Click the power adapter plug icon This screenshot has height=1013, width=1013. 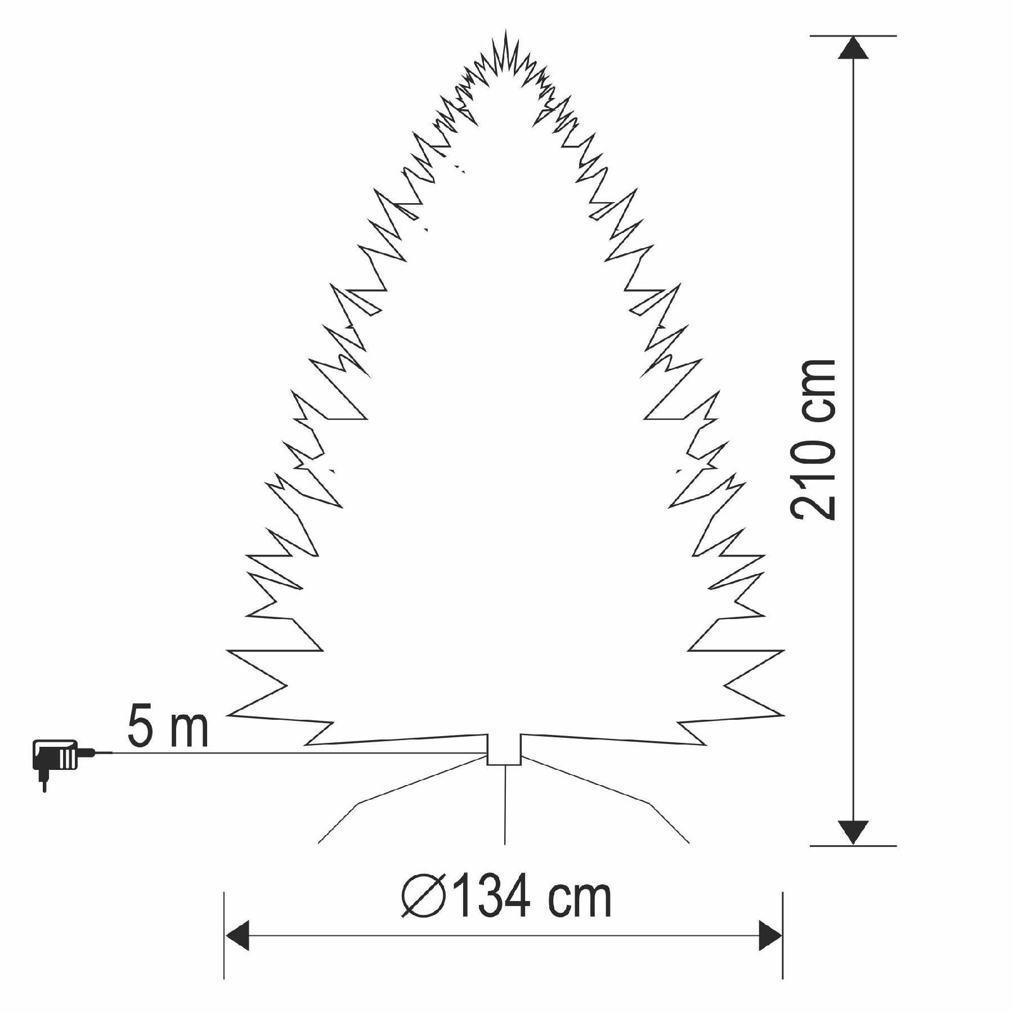(62, 763)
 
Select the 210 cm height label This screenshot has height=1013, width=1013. (813, 439)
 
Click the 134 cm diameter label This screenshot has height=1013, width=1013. (507, 897)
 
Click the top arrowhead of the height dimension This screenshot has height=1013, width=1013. (853, 47)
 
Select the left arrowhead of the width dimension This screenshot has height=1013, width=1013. (237, 936)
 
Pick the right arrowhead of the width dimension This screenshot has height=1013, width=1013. (770, 936)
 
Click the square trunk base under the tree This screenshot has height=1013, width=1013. (504, 749)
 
